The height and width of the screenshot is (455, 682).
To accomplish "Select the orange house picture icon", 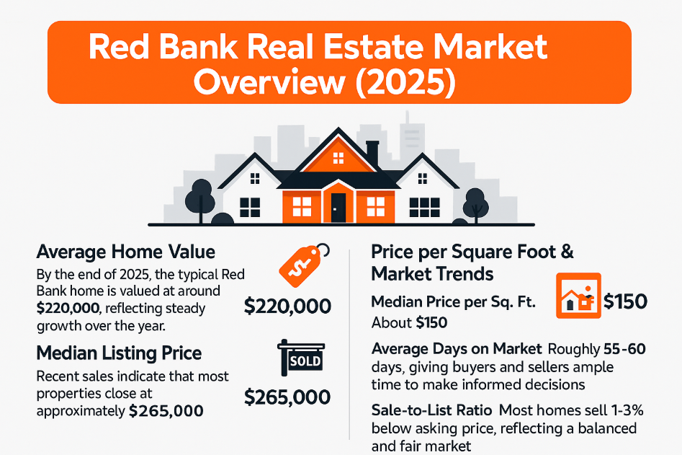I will tap(578, 297).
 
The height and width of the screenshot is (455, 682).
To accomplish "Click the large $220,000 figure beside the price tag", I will tap(288, 306).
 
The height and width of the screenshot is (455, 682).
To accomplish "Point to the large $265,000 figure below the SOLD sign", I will tap(288, 397).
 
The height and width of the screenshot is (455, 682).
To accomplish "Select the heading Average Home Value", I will tap(126, 252).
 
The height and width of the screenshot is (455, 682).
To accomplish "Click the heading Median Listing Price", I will tap(119, 353).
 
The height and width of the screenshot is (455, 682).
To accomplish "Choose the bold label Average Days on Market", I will tap(457, 349).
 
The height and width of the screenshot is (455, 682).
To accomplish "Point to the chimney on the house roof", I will tap(372, 152).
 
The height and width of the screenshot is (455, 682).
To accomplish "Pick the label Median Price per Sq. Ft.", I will tap(453, 302).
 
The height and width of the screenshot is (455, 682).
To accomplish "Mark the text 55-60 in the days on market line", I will tap(624, 349).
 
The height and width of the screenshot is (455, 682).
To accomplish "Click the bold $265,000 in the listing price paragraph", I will tap(166, 411).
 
